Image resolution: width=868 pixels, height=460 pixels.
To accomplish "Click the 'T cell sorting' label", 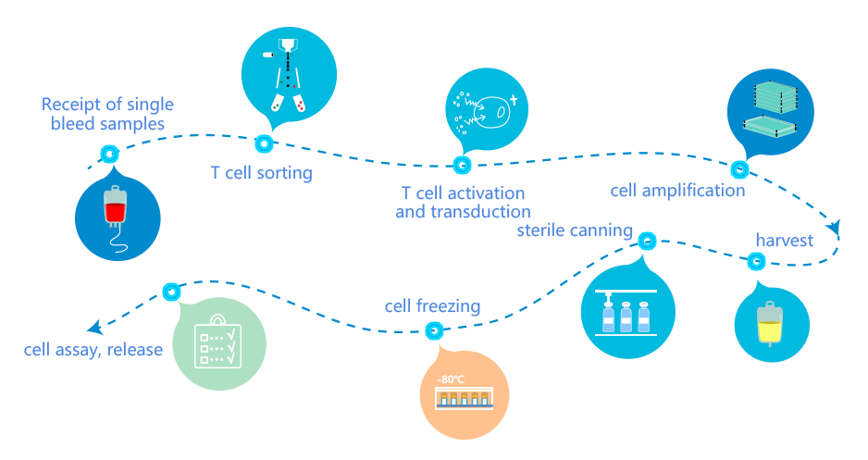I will tap(261, 173).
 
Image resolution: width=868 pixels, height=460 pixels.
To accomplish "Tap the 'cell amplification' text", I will tap(677, 191).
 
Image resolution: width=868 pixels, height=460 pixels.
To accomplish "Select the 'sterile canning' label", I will tap(575, 230).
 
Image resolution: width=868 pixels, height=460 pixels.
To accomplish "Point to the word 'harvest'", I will tap(784, 241).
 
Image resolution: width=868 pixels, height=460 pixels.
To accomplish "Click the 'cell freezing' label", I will tap(432, 306).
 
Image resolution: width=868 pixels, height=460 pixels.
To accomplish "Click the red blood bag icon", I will tap(115, 207).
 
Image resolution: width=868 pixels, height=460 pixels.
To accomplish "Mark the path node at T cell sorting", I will tap(264, 143).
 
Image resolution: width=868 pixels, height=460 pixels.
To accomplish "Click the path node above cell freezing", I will tap(432, 329).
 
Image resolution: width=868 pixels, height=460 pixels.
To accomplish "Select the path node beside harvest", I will tap(754, 262).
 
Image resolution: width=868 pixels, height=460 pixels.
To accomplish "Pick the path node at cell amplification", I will tap(739, 169).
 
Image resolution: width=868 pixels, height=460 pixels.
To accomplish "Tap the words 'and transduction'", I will tap(463, 212).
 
